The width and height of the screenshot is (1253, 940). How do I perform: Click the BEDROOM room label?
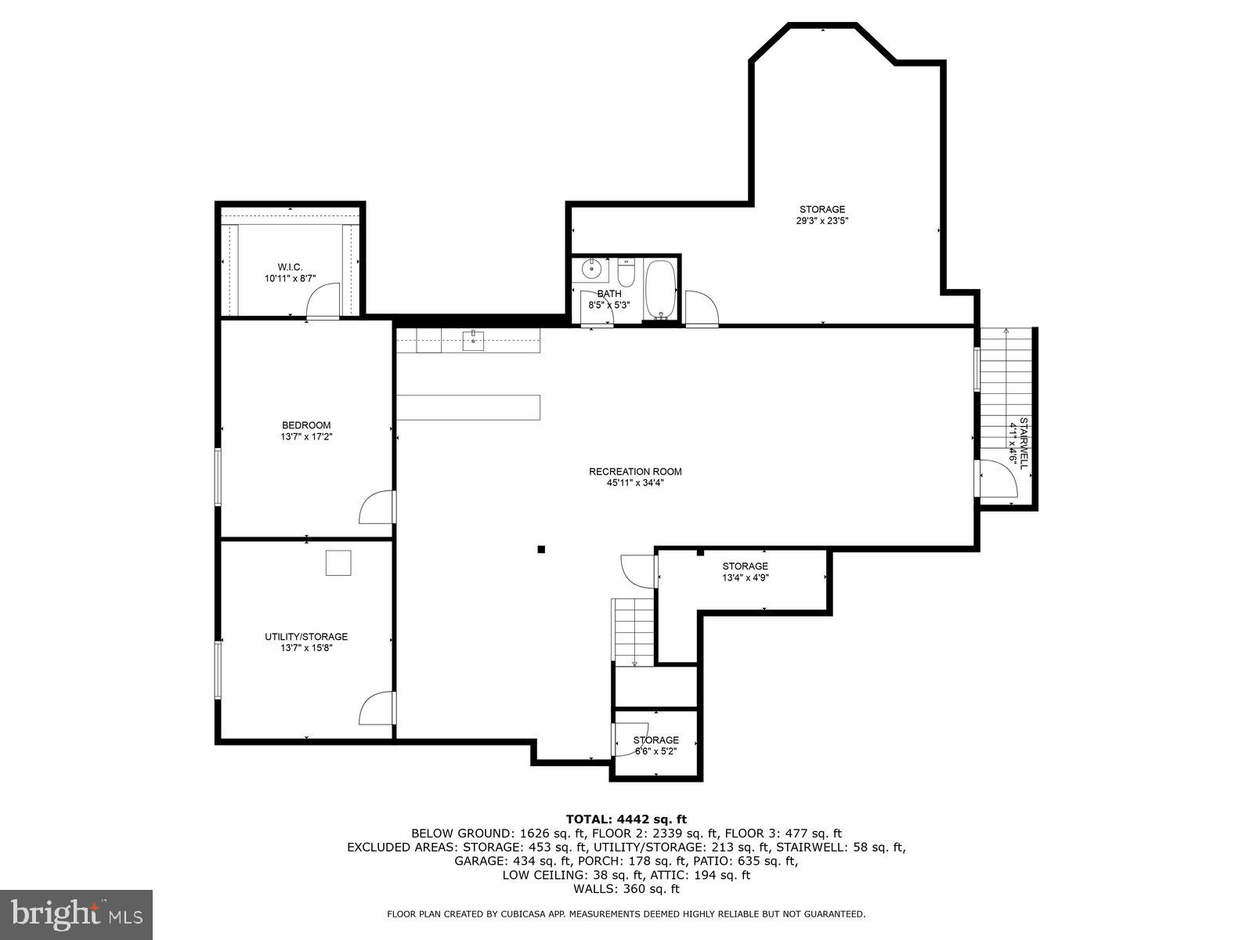pyautogui.click(x=306, y=425)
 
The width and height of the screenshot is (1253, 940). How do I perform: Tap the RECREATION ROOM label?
pyautogui.click(x=635, y=472)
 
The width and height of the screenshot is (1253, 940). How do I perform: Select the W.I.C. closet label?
pyautogui.click(x=290, y=267)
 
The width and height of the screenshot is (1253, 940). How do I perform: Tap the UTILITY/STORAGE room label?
pyautogui.click(x=305, y=637)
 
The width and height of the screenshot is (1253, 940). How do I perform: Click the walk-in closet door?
pyautogui.click(x=322, y=302)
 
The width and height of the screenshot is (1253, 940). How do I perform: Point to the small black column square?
pyautogui.click(x=540, y=549)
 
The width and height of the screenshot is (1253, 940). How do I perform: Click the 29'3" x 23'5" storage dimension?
pyautogui.click(x=822, y=221)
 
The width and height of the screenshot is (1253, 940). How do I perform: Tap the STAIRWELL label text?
pyautogui.click(x=1024, y=443)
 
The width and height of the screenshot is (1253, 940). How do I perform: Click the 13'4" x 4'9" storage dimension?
pyautogui.click(x=745, y=578)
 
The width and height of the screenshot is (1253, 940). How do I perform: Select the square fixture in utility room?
pyautogui.click(x=339, y=562)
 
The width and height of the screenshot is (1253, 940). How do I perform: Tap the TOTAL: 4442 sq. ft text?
pyautogui.click(x=626, y=819)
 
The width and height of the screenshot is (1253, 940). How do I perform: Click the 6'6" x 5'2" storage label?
pyautogui.click(x=655, y=751)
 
